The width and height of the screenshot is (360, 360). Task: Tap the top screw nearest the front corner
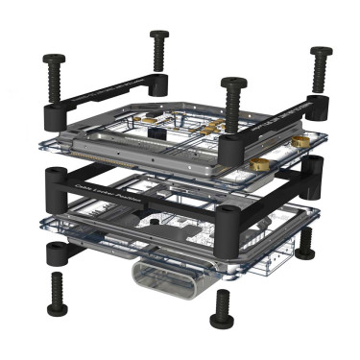pos(230,98)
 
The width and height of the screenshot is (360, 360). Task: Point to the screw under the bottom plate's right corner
pos(304,244)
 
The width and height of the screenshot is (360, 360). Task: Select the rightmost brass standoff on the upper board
pos(300,141)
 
